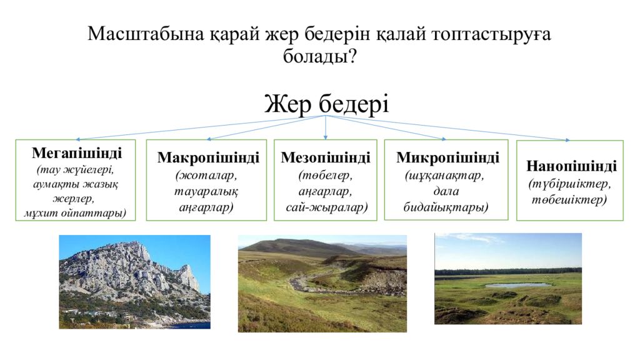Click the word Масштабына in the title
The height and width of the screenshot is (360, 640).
(x=146, y=34)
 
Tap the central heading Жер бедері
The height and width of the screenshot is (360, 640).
(x=326, y=104)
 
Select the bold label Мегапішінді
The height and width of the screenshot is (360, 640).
(x=77, y=153)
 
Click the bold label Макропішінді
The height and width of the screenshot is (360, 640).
(x=208, y=157)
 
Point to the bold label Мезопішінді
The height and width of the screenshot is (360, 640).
(x=325, y=157)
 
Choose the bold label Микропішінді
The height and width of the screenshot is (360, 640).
(x=447, y=157)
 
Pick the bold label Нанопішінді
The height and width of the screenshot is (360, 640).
(x=571, y=166)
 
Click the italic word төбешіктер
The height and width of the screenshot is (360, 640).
(x=569, y=200)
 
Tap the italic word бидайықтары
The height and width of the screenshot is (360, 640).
(x=446, y=207)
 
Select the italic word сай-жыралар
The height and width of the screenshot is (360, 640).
(x=326, y=207)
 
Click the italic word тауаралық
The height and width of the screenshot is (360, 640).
(x=206, y=191)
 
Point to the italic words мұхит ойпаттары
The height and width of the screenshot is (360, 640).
(x=75, y=213)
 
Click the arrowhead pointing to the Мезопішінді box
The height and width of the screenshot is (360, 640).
(x=325, y=137)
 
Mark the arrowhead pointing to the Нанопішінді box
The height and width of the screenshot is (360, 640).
(x=567, y=140)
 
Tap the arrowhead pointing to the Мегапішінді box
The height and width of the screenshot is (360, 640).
(x=78, y=139)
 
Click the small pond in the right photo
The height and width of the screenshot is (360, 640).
(x=517, y=285)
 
